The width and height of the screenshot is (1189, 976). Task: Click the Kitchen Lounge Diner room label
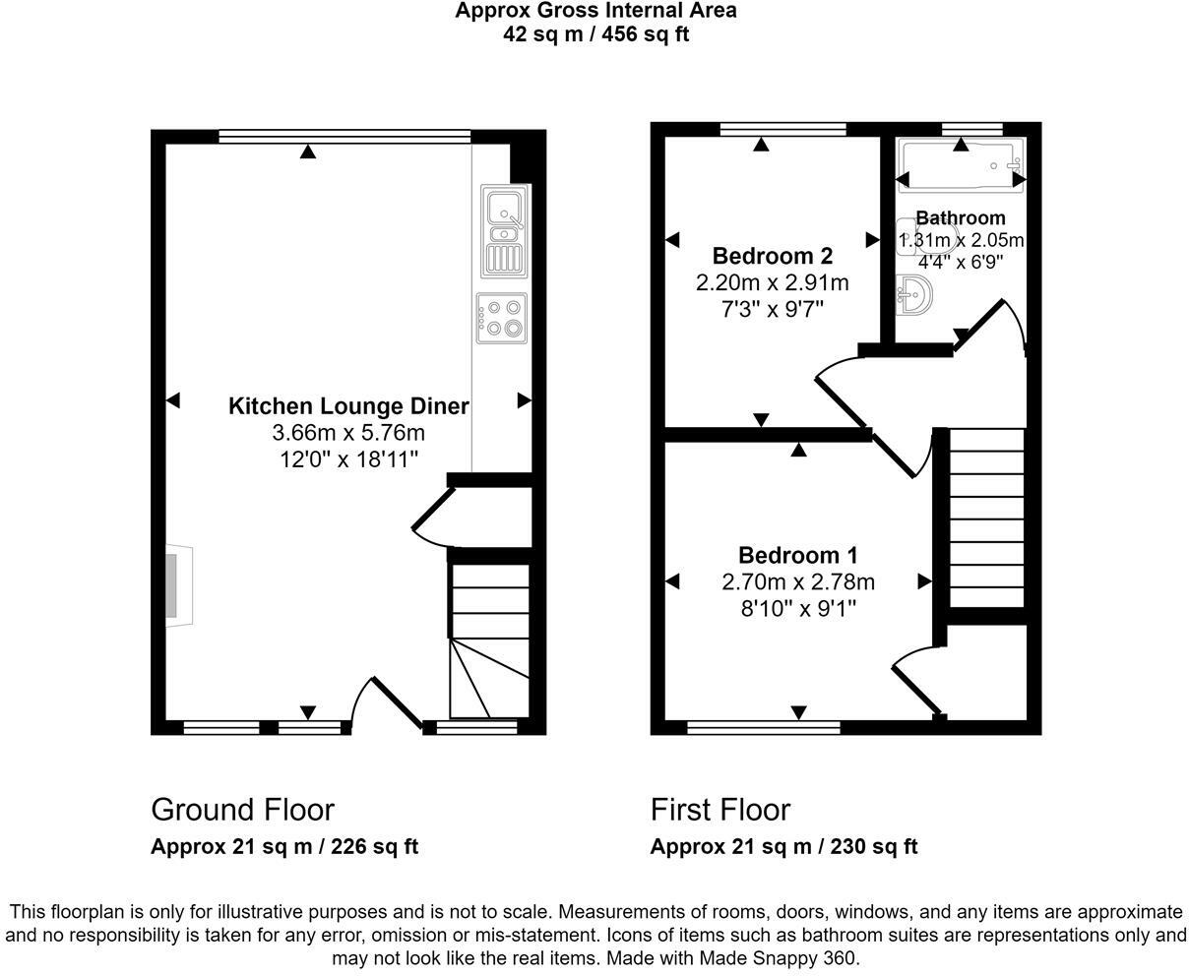348,406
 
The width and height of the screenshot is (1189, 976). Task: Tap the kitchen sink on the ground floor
504,231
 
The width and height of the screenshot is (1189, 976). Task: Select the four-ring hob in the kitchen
501,318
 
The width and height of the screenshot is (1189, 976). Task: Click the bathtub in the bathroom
960,165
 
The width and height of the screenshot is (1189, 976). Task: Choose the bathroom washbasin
914,295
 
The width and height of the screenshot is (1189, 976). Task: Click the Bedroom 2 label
772,257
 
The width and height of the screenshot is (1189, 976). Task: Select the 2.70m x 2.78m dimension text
797,582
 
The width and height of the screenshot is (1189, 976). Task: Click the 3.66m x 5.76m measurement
348,433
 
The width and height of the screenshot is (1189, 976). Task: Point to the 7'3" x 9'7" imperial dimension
772,309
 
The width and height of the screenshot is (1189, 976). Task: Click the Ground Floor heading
242,810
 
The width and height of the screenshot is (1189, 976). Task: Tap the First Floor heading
720,810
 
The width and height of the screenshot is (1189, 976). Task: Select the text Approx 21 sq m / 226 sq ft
284,847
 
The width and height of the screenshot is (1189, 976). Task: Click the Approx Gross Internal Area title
594,12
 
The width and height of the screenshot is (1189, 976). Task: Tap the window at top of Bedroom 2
782,128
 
